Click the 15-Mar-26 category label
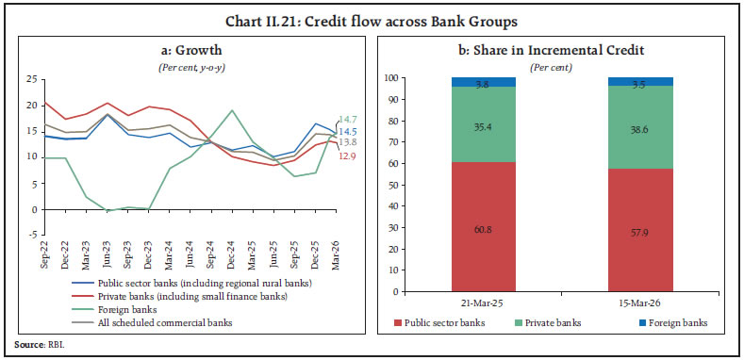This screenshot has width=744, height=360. (x=641, y=302)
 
